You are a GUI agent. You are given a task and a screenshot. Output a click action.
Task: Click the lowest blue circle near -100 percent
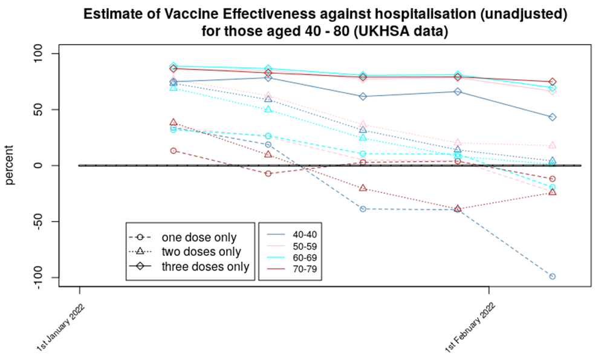(552, 277)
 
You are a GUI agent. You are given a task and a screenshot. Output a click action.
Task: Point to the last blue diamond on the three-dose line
(552, 117)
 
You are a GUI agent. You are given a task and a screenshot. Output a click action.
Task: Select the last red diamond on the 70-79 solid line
(552, 82)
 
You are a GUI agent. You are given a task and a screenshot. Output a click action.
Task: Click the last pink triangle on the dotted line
(552, 145)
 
